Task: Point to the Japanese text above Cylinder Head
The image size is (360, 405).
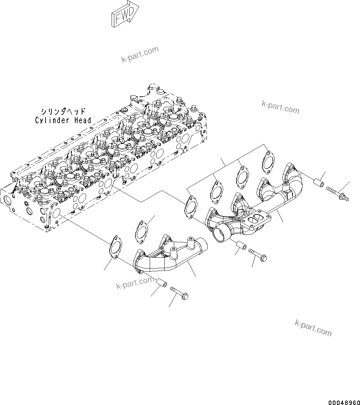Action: pyautogui.click(x=63, y=112)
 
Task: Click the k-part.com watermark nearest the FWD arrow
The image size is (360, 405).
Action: pyautogui.click(x=140, y=55)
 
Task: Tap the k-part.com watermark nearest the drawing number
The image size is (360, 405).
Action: pyautogui.click(x=313, y=327)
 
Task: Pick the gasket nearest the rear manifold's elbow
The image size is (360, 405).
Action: pyautogui.click(x=268, y=161)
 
